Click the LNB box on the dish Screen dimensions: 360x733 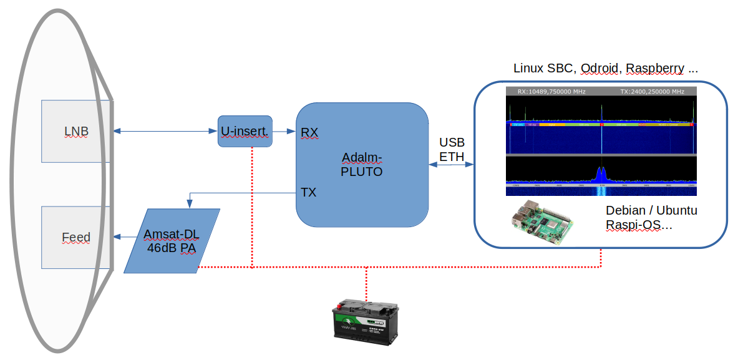coord(76,131)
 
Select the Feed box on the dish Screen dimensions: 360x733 coord(76,237)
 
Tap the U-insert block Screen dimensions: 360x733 coord(245,131)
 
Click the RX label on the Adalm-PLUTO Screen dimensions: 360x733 coord(309,132)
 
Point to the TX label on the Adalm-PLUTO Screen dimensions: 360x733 coord(309,192)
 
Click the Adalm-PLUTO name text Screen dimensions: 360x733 coord(362,164)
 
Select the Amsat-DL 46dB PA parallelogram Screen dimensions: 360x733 coord(172,241)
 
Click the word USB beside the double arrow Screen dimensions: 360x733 coord(452,143)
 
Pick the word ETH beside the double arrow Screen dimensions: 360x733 coord(452,157)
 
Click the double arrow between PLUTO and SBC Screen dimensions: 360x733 coord(451,165)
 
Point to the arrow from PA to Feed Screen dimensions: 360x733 coord(129,237)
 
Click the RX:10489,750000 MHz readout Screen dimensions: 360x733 coord(551,92)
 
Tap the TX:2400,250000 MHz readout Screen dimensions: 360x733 coord(652,92)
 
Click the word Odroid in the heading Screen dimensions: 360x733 coord(601,68)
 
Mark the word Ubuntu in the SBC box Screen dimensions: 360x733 coord(676,210)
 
